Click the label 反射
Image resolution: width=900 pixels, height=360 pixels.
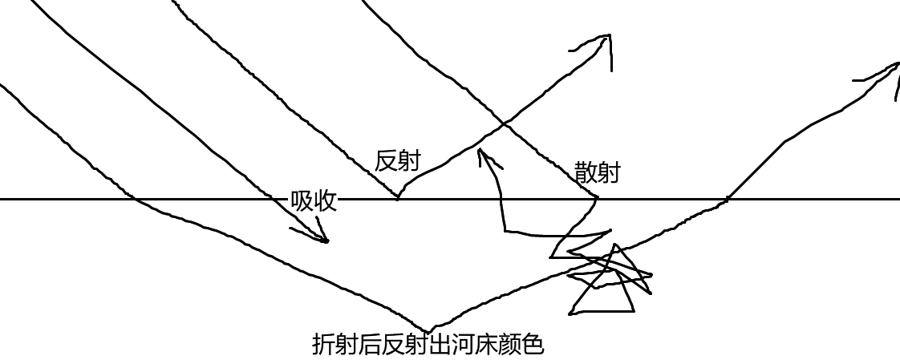(x=397, y=161)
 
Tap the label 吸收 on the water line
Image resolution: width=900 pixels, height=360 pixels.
(x=313, y=201)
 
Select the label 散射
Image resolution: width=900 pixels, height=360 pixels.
(x=597, y=172)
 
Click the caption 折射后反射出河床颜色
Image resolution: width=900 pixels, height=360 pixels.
(x=428, y=345)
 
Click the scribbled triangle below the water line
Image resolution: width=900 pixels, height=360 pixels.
(x=606, y=285)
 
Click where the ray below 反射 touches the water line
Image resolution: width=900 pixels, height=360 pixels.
(x=398, y=198)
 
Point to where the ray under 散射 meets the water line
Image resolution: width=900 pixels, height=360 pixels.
(x=597, y=198)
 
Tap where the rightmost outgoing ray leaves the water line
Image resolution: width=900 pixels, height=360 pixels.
(x=728, y=198)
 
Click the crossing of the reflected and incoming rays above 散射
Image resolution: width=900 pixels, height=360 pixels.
(x=504, y=123)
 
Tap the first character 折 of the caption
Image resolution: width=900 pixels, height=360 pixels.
(x=323, y=345)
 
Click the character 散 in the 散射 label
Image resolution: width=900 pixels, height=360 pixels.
(x=586, y=172)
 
